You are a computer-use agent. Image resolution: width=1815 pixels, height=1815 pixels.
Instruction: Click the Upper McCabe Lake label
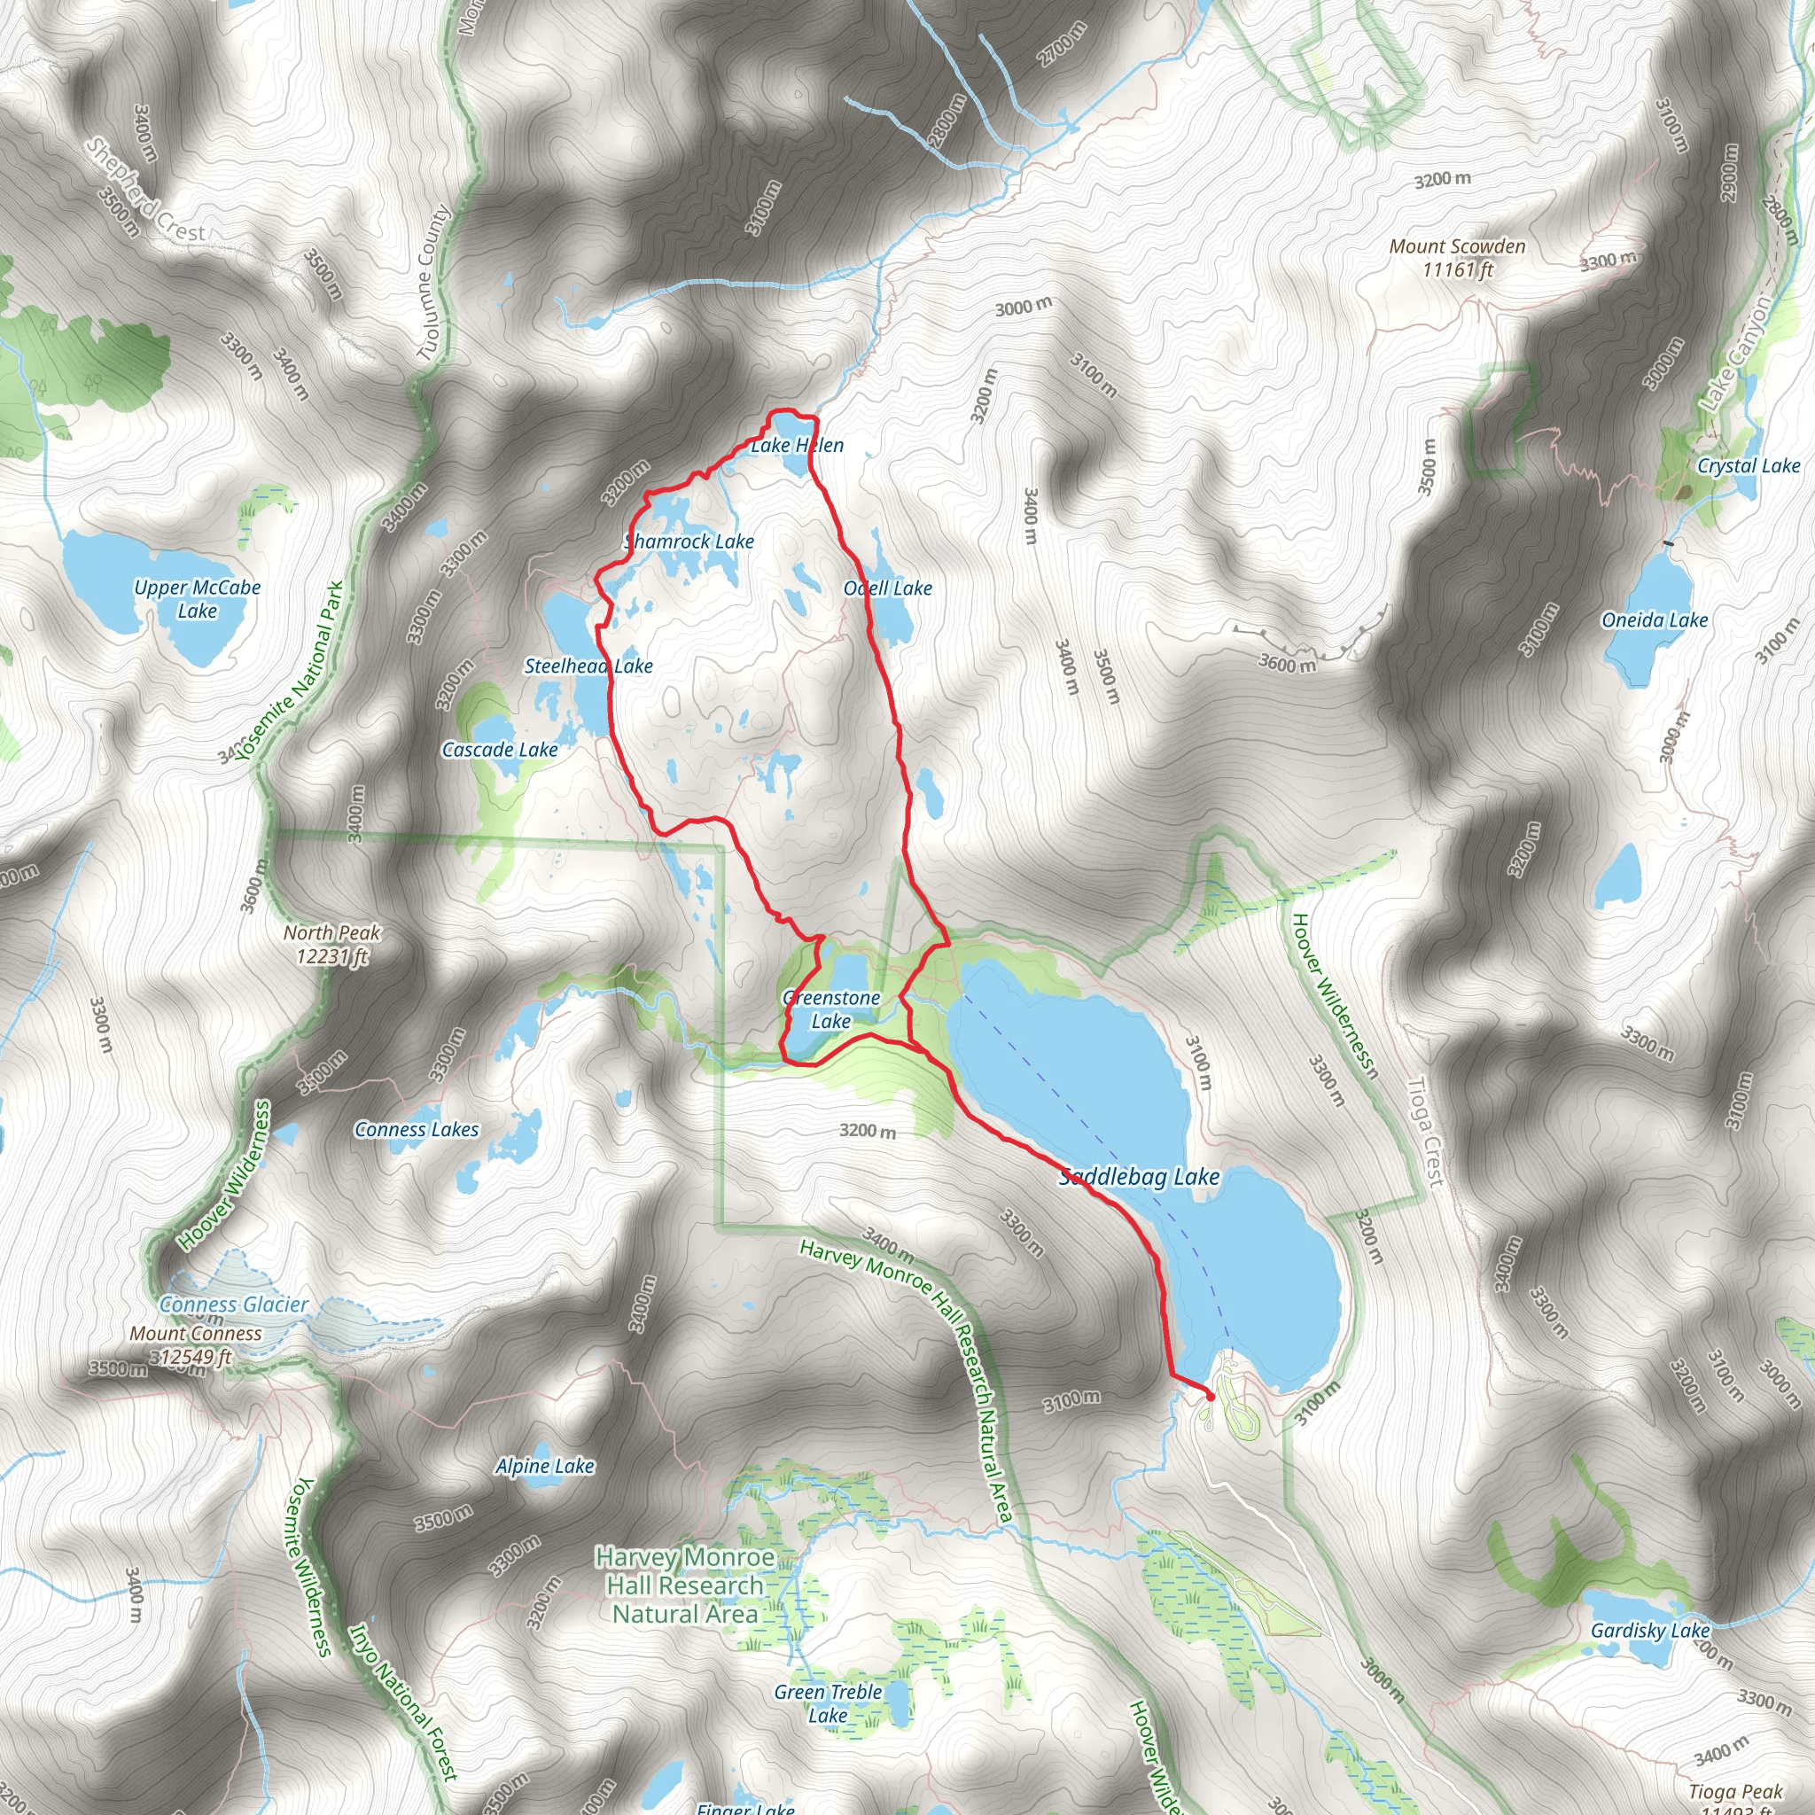[198, 598]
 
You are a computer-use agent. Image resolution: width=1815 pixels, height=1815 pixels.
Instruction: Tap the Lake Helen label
[797, 445]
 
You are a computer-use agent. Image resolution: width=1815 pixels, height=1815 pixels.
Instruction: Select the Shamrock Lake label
[689, 541]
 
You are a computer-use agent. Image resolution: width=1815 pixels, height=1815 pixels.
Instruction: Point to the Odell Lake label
[888, 588]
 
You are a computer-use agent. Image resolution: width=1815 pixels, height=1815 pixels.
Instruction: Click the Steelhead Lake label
[588, 666]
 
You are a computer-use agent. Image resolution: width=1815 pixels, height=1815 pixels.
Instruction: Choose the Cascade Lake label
[500, 750]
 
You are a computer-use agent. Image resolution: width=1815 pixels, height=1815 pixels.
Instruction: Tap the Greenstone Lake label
[831, 1009]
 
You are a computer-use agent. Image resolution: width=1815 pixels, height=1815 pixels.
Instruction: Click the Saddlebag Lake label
[1139, 1176]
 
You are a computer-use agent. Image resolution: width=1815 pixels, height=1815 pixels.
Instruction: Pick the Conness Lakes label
[417, 1129]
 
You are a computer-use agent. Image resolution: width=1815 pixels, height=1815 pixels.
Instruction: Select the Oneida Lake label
[1655, 620]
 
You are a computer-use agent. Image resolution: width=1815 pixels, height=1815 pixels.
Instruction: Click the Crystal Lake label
[1749, 466]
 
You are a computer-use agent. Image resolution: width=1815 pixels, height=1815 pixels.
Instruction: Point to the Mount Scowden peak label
[1457, 257]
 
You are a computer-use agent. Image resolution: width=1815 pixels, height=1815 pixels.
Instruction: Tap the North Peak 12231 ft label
[331, 944]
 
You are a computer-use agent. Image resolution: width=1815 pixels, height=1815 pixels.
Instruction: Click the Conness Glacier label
[234, 1304]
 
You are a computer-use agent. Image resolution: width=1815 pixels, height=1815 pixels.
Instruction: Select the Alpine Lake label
[545, 1466]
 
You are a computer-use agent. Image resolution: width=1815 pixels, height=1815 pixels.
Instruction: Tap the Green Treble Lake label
[828, 1703]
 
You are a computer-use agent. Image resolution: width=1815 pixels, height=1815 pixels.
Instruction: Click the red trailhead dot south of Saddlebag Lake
[1210, 1397]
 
